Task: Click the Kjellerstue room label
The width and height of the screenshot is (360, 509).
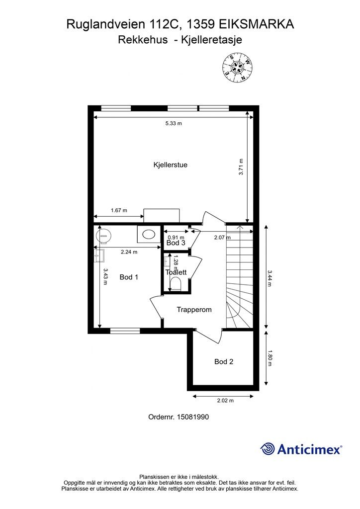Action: click(170, 165)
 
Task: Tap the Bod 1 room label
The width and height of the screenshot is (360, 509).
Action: click(129, 277)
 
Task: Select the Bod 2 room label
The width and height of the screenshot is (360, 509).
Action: click(224, 362)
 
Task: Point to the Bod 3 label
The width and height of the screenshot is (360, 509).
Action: click(176, 243)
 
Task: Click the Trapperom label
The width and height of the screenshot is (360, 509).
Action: click(194, 310)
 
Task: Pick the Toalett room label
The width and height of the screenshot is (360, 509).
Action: click(176, 272)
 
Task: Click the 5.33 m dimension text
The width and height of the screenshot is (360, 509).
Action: click(174, 123)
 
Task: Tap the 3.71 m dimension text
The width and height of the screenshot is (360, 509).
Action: click(241, 167)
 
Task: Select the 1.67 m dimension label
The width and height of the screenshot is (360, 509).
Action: click(119, 210)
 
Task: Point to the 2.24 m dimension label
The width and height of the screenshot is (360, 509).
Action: click(129, 252)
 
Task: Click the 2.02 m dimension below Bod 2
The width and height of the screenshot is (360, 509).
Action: click(225, 401)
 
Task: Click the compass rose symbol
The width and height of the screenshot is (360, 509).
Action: click(237, 67)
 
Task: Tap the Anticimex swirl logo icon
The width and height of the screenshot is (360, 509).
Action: click(268, 449)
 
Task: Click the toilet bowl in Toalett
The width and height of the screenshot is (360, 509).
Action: click(176, 283)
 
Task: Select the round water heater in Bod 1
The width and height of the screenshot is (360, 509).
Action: click(104, 235)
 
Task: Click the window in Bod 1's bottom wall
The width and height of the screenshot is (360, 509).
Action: click(125, 331)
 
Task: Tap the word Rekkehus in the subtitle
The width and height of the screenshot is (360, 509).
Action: click(143, 40)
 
